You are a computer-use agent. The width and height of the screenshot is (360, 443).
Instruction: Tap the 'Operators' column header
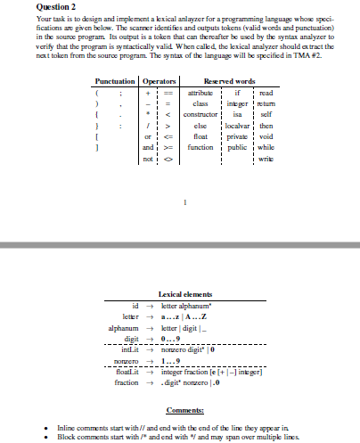161,82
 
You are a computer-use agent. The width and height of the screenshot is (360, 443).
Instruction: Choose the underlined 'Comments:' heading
184,409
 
